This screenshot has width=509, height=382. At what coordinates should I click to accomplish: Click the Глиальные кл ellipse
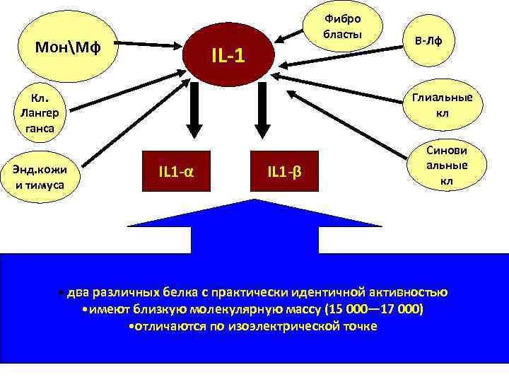tap(442, 106)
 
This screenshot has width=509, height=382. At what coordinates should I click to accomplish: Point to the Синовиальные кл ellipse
tap(447, 166)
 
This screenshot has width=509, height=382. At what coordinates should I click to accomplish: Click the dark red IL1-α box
tap(177, 171)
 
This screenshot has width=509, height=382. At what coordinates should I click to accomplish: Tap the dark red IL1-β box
tap(284, 171)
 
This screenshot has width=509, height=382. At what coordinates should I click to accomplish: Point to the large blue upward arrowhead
tap(255, 212)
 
